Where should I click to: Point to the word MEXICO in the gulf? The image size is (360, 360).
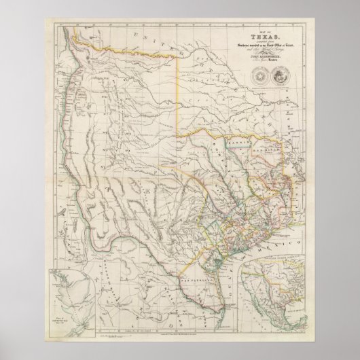pos(281,241)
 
